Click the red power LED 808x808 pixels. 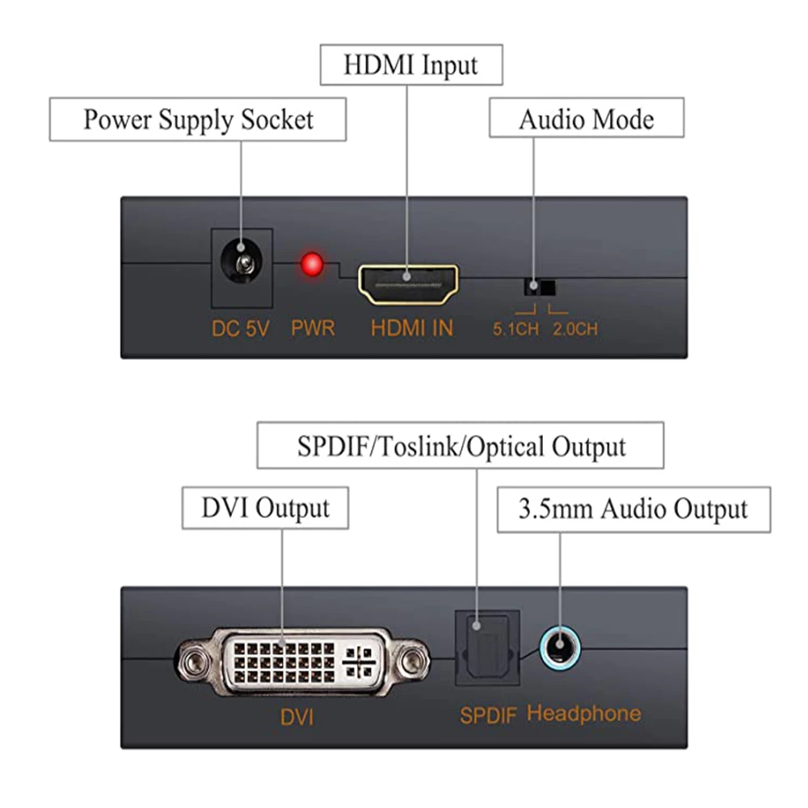tap(311, 264)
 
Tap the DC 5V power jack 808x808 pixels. tap(241, 263)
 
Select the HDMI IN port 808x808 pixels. tap(408, 284)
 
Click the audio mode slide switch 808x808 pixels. tap(539, 287)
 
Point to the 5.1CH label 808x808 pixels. tap(516, 330)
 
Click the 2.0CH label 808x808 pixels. tap(575, 330)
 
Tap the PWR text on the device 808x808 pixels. tap(313, 329)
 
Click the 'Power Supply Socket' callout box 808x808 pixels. tap(198, 120)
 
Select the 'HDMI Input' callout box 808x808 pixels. tap(410, 65)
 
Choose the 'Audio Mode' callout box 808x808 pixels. tap(586, 120)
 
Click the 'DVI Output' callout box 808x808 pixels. tap(265, 507)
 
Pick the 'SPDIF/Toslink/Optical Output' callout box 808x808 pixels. tap(461, 445)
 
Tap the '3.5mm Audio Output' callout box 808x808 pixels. tap(633, 509)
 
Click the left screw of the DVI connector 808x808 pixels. tap(193, 663)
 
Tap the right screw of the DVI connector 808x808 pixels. tap(414, 663)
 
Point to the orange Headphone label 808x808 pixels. tap(583, 713)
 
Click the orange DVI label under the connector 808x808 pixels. tap(297, 717)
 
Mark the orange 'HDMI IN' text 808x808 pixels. tap(412, 329)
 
